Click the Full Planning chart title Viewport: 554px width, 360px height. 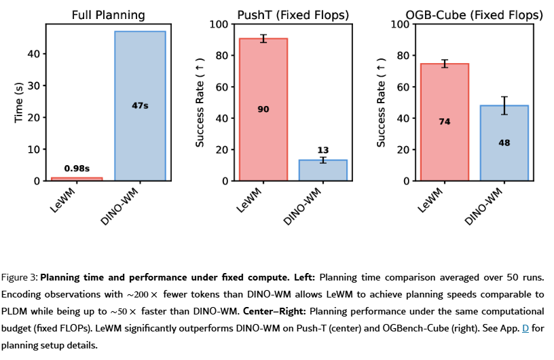coord(109,14)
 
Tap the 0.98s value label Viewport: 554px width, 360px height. coord(77,168)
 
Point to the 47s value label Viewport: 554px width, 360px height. coord(140,105)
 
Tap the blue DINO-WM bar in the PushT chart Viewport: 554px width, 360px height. coord(323,170)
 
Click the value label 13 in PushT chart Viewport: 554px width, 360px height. coord(323,149)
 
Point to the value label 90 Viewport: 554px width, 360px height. coord(263,109)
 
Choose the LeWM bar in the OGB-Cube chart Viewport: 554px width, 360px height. coord(445,122)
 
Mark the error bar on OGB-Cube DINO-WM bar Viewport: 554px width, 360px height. coord(504,105)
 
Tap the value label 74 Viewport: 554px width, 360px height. coord(445,122)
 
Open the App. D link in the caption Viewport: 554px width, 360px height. coord(524,329)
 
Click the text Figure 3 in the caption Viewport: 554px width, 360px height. coord(19,278)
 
